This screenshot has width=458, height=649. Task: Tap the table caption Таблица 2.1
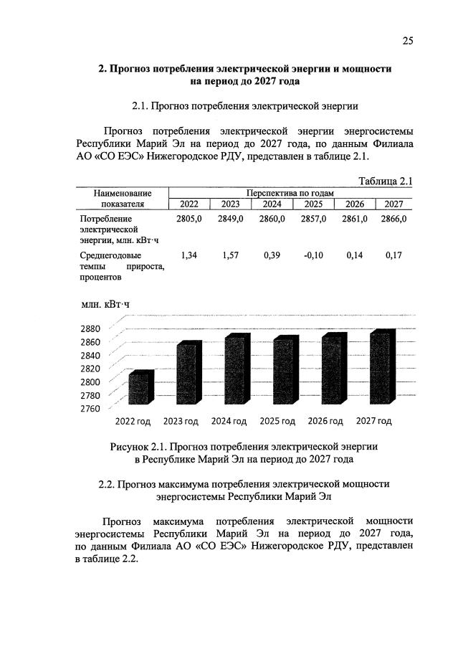[384, 181]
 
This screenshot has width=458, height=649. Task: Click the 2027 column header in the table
[393, 205]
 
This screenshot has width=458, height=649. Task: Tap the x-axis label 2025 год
[277, 421]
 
